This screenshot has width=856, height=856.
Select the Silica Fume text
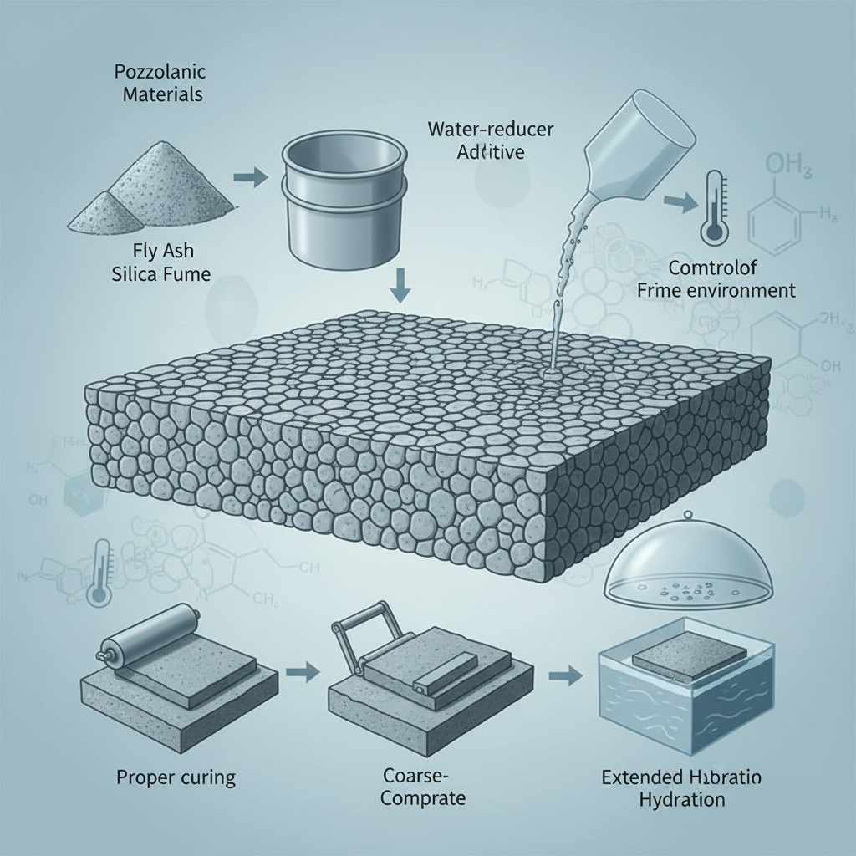[160, 273]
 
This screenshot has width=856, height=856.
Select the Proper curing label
[175, 777]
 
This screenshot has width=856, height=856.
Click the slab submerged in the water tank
[685, 657]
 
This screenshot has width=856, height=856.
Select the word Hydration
[680, 798]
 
